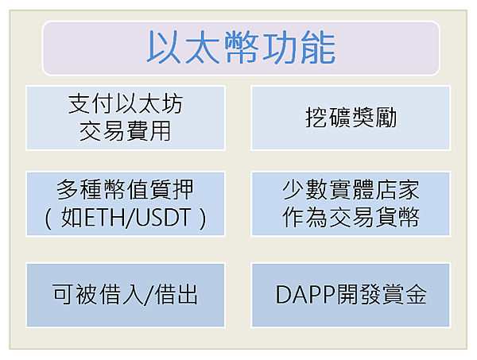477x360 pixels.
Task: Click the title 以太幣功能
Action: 241,48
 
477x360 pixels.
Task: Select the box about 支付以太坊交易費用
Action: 126,118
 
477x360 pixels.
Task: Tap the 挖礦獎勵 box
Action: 351,118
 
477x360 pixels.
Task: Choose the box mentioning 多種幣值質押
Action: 126,203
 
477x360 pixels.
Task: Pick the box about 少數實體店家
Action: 351,203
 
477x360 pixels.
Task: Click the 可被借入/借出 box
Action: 126,296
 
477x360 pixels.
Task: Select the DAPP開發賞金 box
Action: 351,296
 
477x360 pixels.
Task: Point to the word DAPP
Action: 306,294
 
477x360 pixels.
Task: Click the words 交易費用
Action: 126,131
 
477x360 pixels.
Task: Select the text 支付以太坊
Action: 126,103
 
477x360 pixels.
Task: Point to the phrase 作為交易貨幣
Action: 351,217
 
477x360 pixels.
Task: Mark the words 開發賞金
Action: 382,294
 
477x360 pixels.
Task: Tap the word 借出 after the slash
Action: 176,294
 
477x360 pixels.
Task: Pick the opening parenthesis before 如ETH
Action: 48,219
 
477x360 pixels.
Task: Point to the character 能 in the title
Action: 318,48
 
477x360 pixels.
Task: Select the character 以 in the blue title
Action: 164,48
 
